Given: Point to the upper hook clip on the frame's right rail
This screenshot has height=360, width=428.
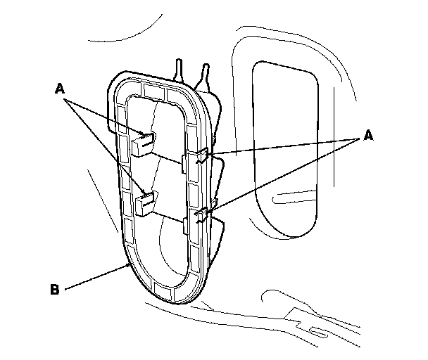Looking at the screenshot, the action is click(x=200, y=156).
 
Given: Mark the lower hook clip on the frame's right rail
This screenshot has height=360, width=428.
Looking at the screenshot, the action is click(x=201, y=214).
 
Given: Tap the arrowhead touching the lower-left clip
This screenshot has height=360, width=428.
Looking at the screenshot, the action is click(x=145, y=193).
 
